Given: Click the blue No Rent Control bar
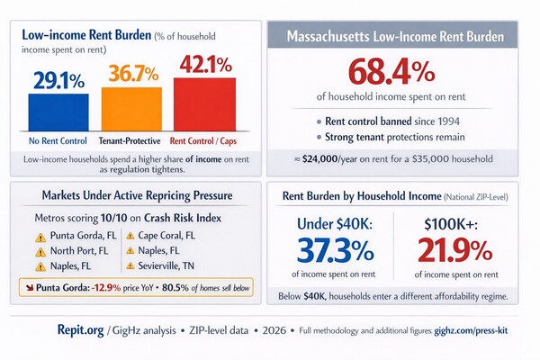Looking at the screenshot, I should point(60,112).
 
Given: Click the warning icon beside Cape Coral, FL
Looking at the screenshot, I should point(130,236).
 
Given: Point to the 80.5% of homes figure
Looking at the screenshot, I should point(184,288).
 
